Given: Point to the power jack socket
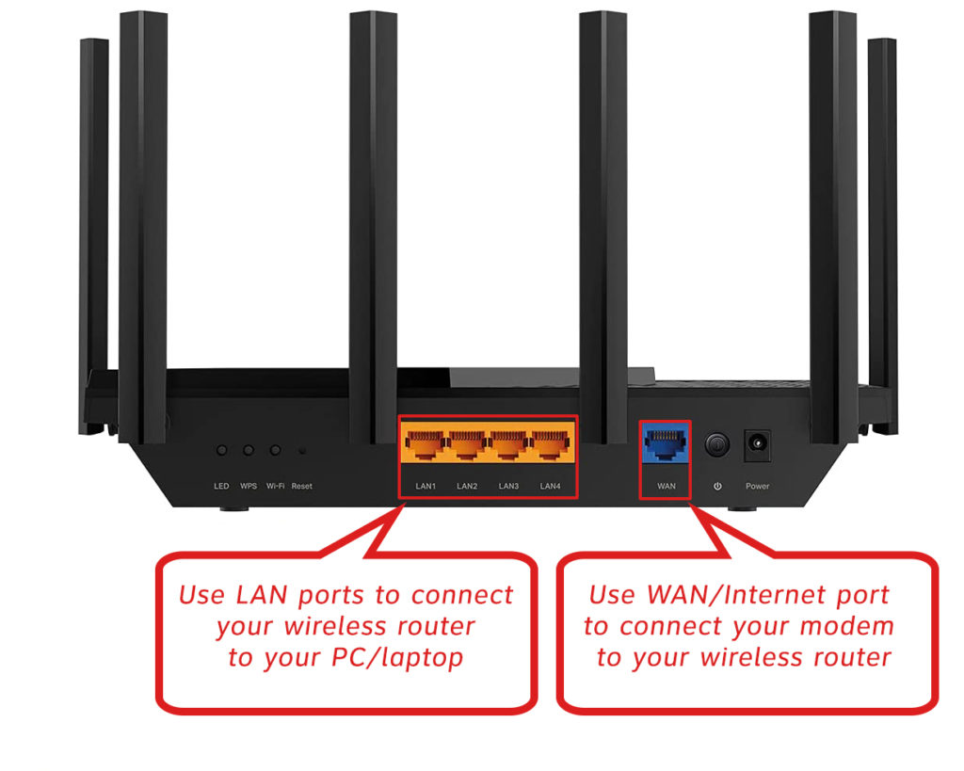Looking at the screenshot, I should coord(757,442).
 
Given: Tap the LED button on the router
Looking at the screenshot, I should coord(222,451).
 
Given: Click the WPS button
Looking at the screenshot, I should coord(249,451).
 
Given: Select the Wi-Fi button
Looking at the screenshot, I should coord(275,451).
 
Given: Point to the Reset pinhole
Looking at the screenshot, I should coord(301,452).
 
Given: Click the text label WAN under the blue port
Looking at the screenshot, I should coord(666,486).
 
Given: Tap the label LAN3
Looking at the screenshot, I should coord(508,486).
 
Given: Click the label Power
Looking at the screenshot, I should coord(757,486).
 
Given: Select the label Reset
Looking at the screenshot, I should coord(301,486).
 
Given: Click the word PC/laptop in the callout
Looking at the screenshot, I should coord(407,657).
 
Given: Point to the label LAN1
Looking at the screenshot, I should coord(426,486).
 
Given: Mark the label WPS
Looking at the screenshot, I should coord(249,486).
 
